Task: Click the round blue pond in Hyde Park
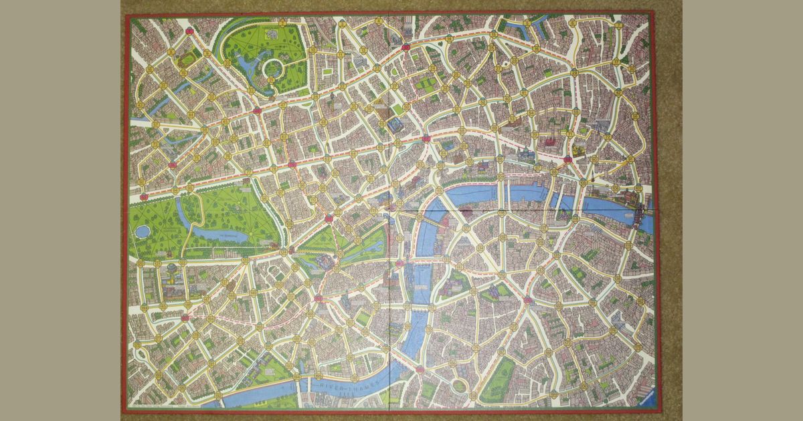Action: [x=143, y=231]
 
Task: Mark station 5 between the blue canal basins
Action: [x=527, y=23]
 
